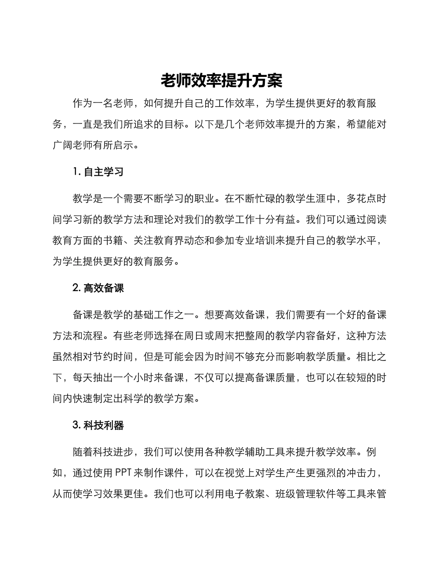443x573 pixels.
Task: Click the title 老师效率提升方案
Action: coord(221,81)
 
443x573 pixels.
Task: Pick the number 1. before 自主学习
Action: coord(77,171)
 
